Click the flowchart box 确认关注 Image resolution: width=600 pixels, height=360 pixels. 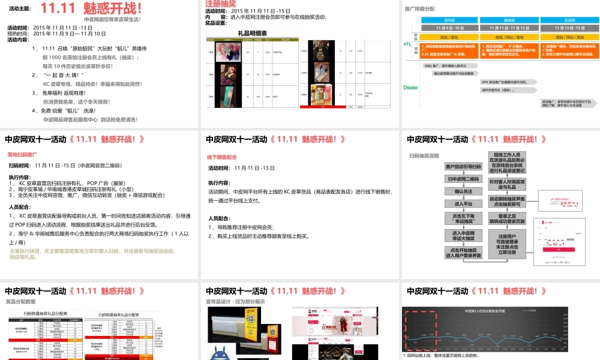463,191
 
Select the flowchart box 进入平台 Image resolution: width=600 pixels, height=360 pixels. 463,204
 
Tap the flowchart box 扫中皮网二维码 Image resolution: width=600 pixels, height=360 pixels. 463,179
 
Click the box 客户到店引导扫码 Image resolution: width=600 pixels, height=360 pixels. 463,166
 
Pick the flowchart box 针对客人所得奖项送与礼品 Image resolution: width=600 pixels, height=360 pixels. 507,184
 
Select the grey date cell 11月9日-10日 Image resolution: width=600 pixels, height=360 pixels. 441,28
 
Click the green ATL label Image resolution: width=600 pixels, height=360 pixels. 407,44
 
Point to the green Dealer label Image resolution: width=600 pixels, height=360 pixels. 410,88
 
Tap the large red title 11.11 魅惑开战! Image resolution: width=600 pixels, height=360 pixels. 91,8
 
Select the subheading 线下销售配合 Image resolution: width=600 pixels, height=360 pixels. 221,157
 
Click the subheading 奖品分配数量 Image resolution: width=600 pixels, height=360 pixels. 20,302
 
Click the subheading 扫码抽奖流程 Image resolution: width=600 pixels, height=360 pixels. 425,155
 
